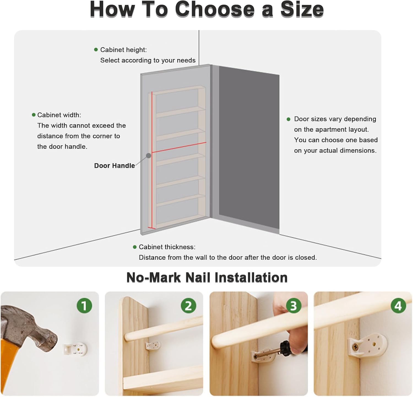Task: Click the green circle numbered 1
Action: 84,306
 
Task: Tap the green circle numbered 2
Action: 188,306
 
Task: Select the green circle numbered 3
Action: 294,306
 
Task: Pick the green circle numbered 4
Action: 398,306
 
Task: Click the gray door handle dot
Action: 149,156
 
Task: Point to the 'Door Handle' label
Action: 115,166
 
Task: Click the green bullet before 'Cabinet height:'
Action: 96,50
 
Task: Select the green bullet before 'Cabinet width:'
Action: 34,115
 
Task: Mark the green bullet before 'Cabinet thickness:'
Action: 135,247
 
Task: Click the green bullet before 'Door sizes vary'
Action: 289,119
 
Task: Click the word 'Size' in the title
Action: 302,9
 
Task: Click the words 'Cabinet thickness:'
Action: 167,247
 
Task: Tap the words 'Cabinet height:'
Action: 124,50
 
